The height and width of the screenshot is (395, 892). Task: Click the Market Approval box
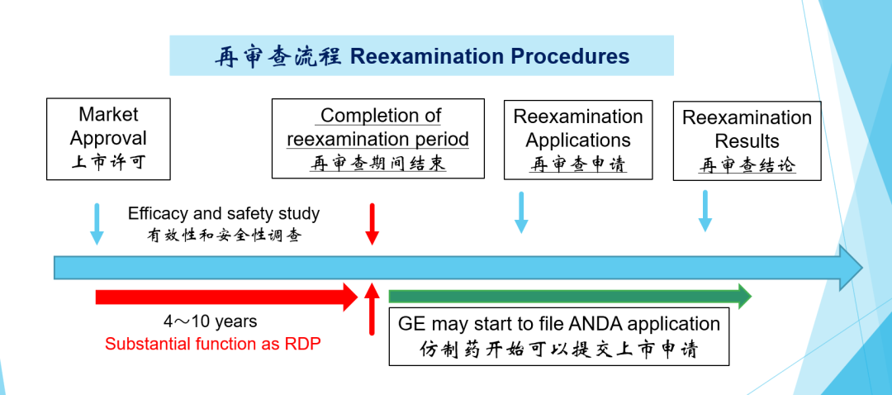tap(108, 139)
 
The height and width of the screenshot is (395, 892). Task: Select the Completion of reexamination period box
tap(377, 138)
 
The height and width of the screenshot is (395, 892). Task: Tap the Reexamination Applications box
tap(578, 140)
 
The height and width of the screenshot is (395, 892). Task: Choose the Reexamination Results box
tap(747, 141)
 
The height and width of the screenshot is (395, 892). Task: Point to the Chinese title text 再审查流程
tap(278, 57)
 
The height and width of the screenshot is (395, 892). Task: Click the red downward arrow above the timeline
tap(372, 224)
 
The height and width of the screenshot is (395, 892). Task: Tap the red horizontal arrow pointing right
tap(226, 297)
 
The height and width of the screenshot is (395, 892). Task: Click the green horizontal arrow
tap(570, 296)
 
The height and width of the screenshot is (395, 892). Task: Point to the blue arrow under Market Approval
tap(97, 224)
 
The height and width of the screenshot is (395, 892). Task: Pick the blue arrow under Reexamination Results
tap(705, 212)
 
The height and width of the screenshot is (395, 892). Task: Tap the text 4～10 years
tap(211, 321)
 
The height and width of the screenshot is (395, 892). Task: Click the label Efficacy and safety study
tap(224, 214)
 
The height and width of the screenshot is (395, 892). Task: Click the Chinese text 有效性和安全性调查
tap(224, 235)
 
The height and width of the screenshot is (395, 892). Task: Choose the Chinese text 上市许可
tap(108, 162)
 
